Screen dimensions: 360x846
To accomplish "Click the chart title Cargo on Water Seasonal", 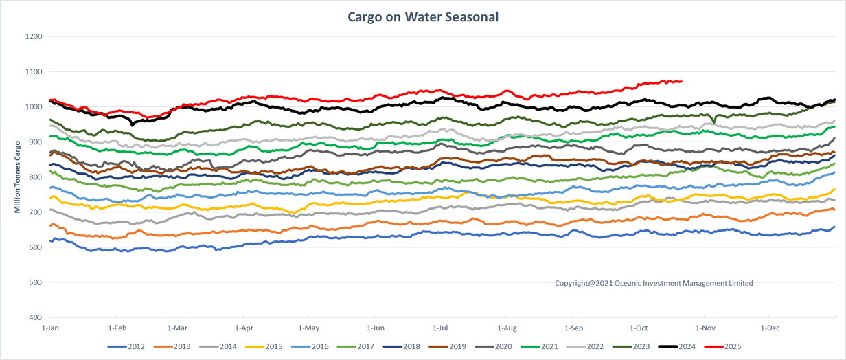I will coord(423,16).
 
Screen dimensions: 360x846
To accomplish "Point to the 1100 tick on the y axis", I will coord(33,71).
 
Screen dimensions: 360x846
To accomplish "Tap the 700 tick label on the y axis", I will coord(35,212).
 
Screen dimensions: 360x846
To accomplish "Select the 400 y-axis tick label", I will coord(35,317).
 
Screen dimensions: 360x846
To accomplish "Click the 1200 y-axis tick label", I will coord(33,36).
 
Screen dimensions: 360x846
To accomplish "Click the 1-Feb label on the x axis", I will coord(116,328).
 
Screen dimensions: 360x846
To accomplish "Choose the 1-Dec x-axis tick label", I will coord(769,328).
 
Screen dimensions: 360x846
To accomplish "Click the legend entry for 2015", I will coord(273,346).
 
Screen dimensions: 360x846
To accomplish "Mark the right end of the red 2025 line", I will coord(681,82).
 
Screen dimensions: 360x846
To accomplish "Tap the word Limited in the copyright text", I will coord(739,283).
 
